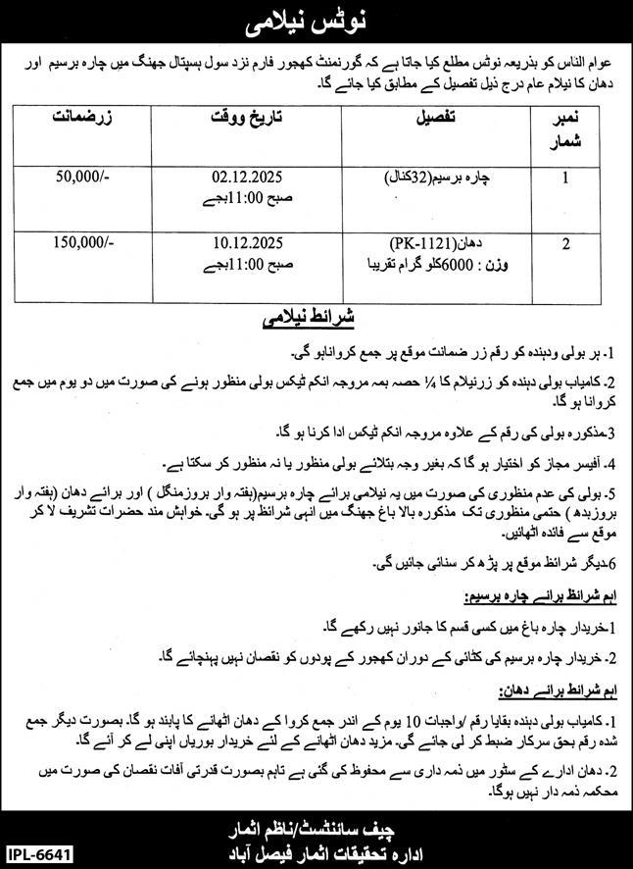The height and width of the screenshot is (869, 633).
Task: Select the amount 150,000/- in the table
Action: pyautogui.click(x=84, y=240)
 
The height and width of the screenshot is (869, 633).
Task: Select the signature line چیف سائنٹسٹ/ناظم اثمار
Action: pyautogui.click(x=316, y=821)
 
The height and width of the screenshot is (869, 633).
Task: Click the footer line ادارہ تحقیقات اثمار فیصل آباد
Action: pyautogui.click(x=316, y=846)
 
